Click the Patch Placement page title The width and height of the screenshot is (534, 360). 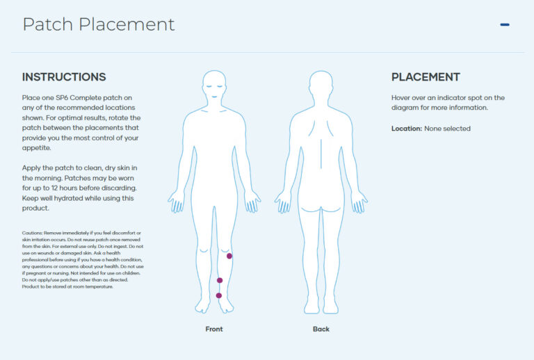(x=98, y=24)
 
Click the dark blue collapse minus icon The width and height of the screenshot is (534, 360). (x=505, y=25)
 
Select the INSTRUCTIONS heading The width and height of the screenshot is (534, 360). (x=64, y=77)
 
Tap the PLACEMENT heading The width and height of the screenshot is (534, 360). (x=426, y=77)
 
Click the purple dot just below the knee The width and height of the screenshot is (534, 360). (x=229, y=256)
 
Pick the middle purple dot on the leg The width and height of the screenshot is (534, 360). (x=220, y=281)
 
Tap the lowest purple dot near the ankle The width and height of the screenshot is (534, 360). (x=219, y=295)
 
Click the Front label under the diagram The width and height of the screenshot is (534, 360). (x=214, y=329)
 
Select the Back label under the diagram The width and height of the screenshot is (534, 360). (x=321, y=329)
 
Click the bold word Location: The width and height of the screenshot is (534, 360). (x=407, y=129)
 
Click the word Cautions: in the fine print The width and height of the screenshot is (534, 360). (x=35, y=232)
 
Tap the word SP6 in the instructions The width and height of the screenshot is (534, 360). (x=63, y=98)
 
